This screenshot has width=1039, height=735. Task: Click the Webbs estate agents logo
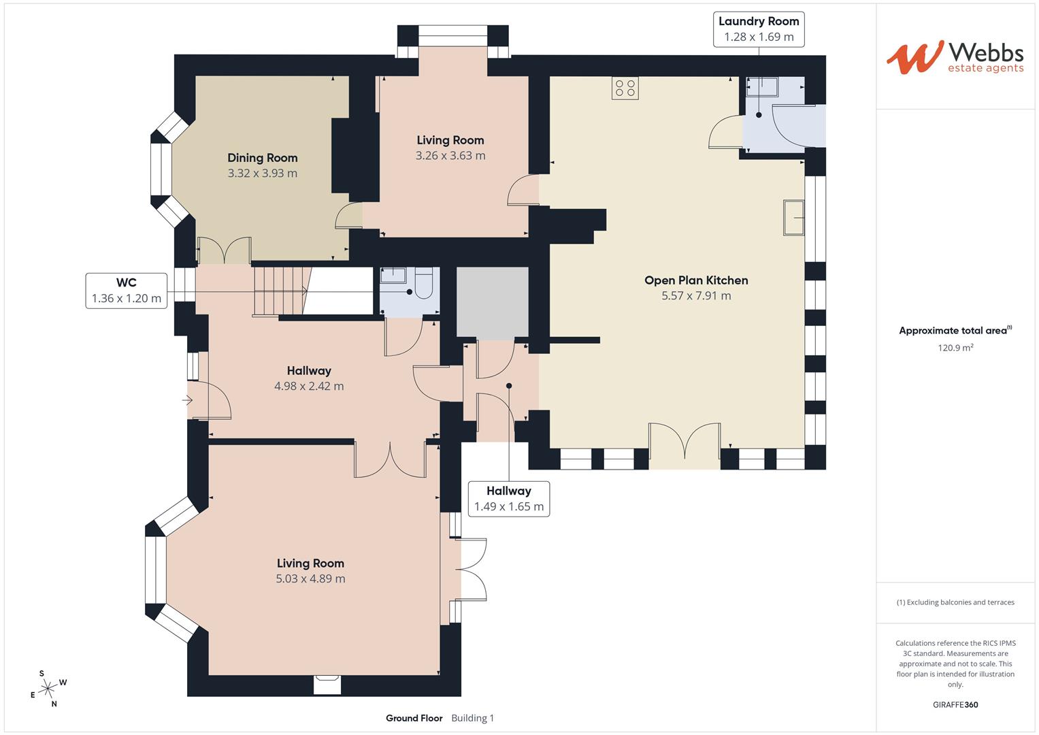pyautogui.click(x=954, y=57)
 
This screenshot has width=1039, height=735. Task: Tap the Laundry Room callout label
pyautogui.click(x=759, y=29)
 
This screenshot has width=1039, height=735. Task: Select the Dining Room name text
pyautogui.click(x=262, y=158)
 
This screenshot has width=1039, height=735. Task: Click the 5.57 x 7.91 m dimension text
pyautogui.click(x=696, y=296)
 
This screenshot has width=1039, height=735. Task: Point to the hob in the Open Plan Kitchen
pyautogui.click(x=625, y=88)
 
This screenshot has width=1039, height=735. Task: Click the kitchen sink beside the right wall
pyautogui.click(x=793, y=218)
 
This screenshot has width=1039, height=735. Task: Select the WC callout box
pyautogui.click(x=126, y=291)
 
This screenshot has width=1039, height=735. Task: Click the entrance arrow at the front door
pyautogui.click(x=187, y=401)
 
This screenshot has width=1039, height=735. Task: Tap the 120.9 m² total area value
pyautogui.click(x=955, y=348)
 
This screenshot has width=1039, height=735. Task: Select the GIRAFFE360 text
pyautogui.click(x=955, y=704)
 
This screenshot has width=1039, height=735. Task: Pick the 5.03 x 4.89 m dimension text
pyautogui.click(x=310, y=579)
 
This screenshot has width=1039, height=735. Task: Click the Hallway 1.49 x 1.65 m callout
pyautogui.click(x=508, y=499)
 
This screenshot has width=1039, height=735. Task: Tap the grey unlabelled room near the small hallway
pyautogui.click(x=492, y=301)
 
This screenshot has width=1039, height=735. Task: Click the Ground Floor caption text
pyautogui.click(x=414, y=718)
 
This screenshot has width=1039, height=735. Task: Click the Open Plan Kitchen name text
pyautogui.click(x=696, y=280)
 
